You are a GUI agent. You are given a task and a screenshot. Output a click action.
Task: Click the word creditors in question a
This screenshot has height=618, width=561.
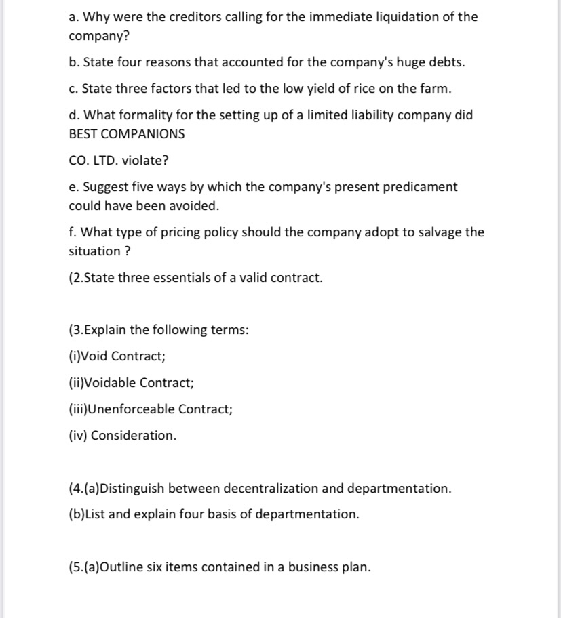pyautogui.click(x=170, y=17)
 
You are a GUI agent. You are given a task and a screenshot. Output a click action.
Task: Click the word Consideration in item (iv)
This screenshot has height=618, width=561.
pyautogui.click(x=133, y=436)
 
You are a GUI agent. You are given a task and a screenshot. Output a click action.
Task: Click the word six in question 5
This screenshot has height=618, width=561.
pyautogui.click(x=171, y=567)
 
